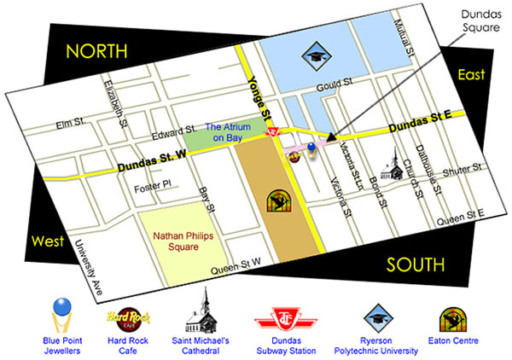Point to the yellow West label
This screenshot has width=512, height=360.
click(x=48, y=241)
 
